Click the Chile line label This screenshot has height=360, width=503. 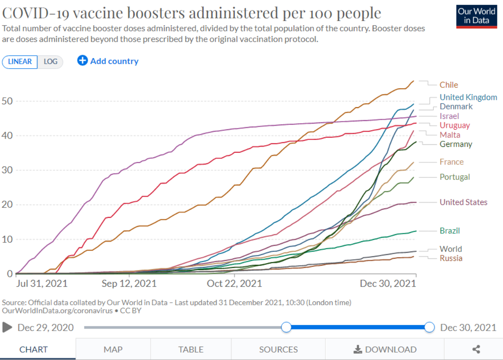[x=448, y=85]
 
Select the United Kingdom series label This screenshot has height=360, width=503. [x=468, y=97]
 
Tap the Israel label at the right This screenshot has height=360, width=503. [x=449, y=116]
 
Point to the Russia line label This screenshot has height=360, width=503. [x=451, y=258]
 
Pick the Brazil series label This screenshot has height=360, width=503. [x=450, y=231]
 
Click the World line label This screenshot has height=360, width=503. [x=451, y=249]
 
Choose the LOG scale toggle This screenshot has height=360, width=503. [x=50, y=62]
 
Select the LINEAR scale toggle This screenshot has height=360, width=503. [x=20, y=62]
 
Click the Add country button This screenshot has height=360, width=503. [x=108, y=61]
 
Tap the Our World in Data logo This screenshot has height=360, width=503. [x=476, y=17]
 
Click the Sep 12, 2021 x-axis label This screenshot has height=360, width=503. [x=129, y=284]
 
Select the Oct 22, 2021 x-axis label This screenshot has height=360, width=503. [x=234, y=284]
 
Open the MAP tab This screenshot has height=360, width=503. [x=113, y=349]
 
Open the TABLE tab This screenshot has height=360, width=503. [x=191, y=349]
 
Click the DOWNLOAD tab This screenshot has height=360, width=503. [x=385, y=349]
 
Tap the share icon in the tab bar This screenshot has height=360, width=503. [x=476, y=349]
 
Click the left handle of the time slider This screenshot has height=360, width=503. [x=286, y=327]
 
